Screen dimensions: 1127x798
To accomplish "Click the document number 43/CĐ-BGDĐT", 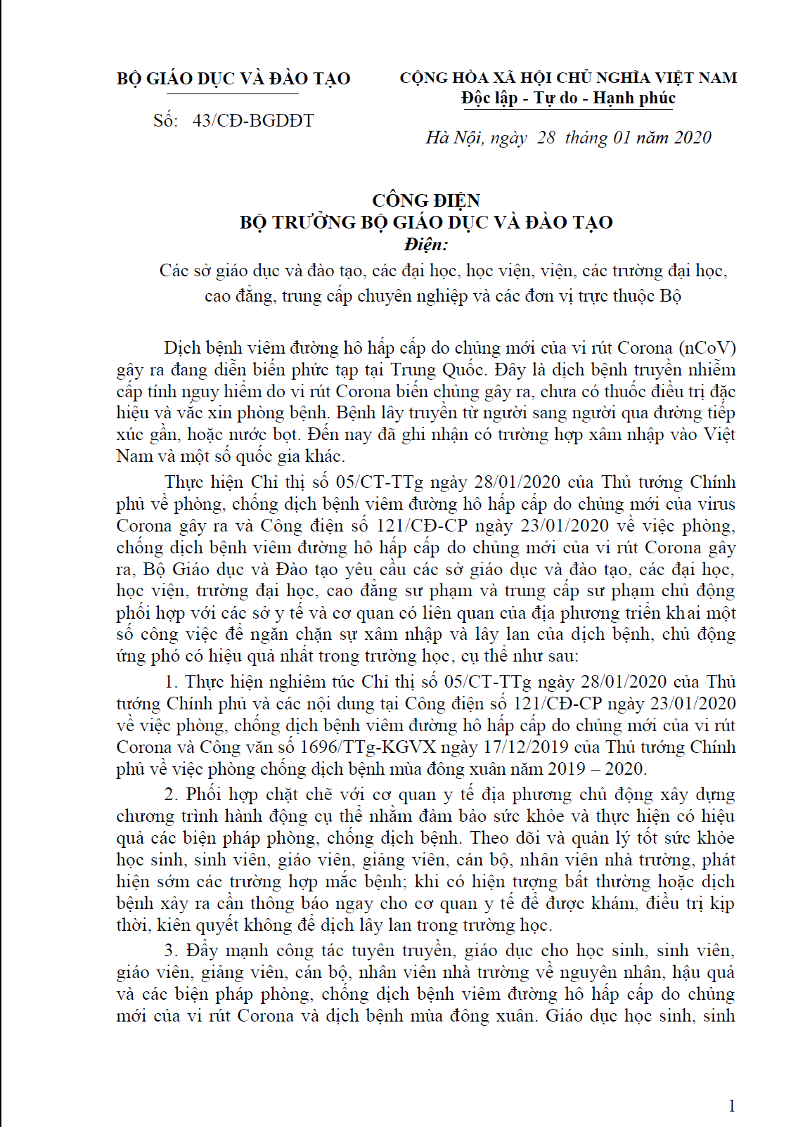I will (253, 121).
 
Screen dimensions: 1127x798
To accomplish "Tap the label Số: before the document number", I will (165, 121).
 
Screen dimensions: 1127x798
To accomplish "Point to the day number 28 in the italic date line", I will (546, 138).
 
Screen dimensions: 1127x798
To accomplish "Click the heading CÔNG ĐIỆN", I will (426, 200).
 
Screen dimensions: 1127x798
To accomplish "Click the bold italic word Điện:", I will (426, 245).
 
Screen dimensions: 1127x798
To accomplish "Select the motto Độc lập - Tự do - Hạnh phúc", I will (568, 98).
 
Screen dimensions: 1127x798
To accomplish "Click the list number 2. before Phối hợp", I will (171, 794).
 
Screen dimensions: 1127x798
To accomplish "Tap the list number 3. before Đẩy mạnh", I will (171, 951).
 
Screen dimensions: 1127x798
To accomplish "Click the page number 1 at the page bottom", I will (732, 1106).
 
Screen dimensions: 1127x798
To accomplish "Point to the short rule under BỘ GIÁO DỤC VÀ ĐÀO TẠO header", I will (233, 94).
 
